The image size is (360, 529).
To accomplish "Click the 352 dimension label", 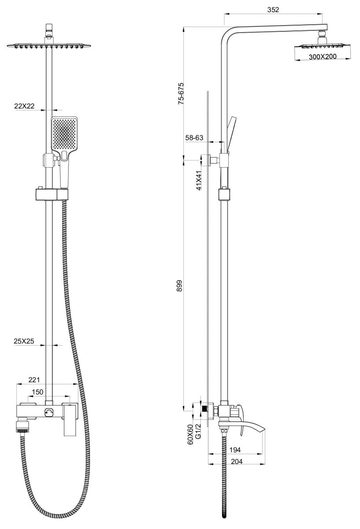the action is [273, 10].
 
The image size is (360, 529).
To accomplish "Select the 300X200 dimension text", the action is [323, 57].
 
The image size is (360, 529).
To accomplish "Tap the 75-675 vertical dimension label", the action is [181, 93].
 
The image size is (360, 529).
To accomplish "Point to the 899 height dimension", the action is [179, 286].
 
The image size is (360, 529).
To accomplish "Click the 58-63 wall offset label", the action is [194, 138].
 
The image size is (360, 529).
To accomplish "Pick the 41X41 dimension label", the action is [199, 180].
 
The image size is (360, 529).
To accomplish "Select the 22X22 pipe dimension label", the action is [24, 106].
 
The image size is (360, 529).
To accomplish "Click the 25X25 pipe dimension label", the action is [24, 341].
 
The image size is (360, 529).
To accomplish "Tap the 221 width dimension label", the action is [34, 380].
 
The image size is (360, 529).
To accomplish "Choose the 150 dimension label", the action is [37, 392].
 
